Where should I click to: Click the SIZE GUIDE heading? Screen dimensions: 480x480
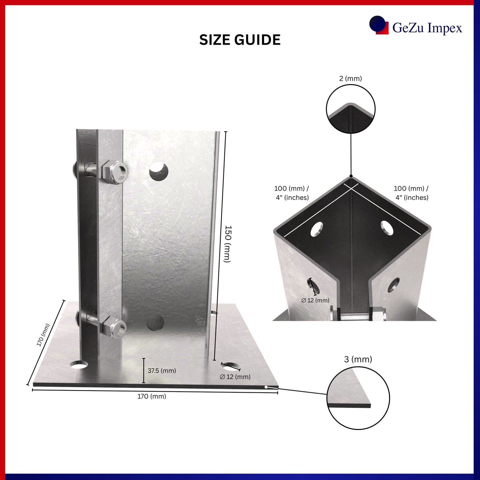click(240, 40)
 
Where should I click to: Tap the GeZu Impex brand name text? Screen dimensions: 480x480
click(427, 28)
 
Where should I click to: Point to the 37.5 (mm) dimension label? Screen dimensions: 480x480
click(162, 371)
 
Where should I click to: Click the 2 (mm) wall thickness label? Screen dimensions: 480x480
click(350, 79)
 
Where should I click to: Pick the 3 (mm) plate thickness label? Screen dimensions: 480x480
click(358, 359)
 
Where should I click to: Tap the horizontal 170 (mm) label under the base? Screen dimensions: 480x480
click(152, 396)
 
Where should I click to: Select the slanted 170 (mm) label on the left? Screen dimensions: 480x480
click(43, 335)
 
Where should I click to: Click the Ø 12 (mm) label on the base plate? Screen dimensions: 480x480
click(235, 377)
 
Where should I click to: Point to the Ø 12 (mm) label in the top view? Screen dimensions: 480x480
click(315, 300)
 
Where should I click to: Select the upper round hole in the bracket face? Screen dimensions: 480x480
click(159, 171)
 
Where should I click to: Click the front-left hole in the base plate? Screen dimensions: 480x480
click(79, 365)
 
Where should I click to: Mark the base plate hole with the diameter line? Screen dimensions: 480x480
click(231, 366)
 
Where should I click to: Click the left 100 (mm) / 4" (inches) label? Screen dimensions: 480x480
click(292, 193)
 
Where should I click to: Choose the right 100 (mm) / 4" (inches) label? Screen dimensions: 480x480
click(411, 193)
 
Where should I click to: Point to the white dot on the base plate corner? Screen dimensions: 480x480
click(266, 387)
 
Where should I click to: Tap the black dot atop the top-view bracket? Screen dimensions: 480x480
click(351, 176)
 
